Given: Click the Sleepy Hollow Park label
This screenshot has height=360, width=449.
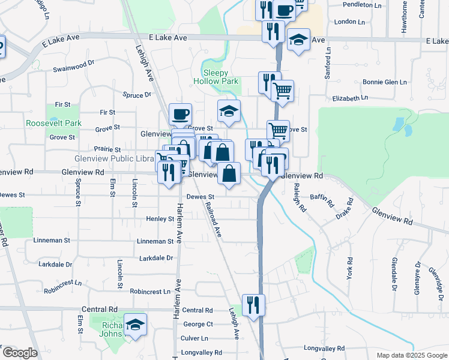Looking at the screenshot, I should point(216,82).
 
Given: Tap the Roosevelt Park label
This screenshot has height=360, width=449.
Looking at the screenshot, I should point(53,123).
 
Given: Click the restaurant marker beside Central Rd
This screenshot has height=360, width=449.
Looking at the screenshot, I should point(253,305).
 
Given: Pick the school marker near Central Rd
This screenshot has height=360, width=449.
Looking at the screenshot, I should point(136,325).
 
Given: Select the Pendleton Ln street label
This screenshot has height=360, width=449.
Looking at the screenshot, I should point(362,5).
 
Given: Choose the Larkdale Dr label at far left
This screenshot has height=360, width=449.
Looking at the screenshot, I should point(55,264).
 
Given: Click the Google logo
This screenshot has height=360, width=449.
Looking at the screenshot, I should point(19,353).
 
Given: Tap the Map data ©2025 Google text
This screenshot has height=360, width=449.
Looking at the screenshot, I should point(411,355).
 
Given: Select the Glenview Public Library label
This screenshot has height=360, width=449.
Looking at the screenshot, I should point(114,158).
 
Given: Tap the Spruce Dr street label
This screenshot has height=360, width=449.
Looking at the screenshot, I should point(137,95).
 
